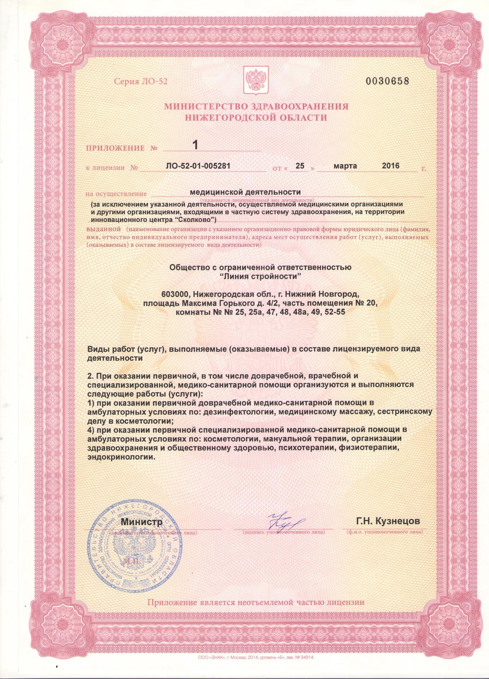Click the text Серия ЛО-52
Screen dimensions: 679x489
coord(140,82)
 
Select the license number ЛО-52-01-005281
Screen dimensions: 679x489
coord(200,166)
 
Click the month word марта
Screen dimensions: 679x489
coord(346,166)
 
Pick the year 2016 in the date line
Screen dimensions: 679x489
coord(390,166)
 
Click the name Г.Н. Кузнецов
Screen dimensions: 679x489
coord(388,521)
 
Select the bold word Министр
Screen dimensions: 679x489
coord(142,521)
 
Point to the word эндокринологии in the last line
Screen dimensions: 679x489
coord(121,457)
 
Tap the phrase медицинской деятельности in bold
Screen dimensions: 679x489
coord(246,192)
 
